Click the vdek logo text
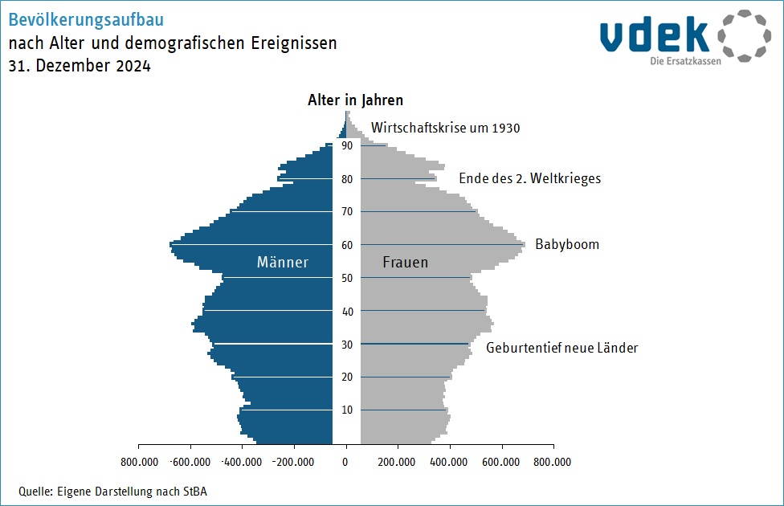654,35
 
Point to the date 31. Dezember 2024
80,67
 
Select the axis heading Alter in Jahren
355,100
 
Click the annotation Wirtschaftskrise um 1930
446,128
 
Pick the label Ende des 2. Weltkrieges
529,178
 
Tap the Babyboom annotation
567,244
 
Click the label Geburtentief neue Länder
561,348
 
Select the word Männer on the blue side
283,263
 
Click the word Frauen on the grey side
405,263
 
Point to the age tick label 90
347,145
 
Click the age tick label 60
347,245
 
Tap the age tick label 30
347,345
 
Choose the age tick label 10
347,410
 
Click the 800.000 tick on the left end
138,462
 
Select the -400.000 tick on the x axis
241,462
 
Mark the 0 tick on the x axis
346,462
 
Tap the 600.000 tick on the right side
501,462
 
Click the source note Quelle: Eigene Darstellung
112,492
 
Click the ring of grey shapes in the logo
743,36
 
